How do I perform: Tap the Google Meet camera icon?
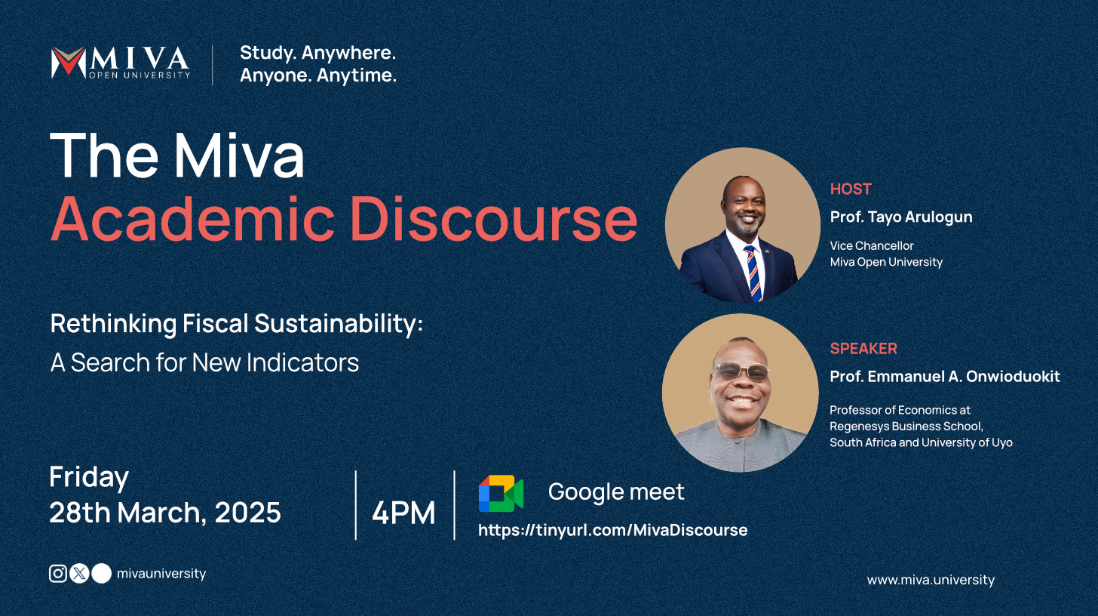tap(501, 494)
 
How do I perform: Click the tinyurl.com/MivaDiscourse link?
tap(612, 530)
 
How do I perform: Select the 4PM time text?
tap(403, 513)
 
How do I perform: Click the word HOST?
tap(851, 189)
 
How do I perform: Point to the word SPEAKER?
tap(863, 349)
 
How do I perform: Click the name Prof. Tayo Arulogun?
tap(901, 217)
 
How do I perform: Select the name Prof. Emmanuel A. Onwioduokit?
tap(945, 376)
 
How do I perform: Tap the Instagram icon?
tap(58, 574)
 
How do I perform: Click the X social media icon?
tap(79, 574)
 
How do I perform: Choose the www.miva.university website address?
tap(931, 580)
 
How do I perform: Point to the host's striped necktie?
tap(752, 272)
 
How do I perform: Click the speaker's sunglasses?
tap(741, 371)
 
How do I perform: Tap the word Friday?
tap(89, 478)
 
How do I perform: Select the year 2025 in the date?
tap(247, 513)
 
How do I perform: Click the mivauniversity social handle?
tap(161, 574)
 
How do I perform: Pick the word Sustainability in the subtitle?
tap(338, 324)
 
